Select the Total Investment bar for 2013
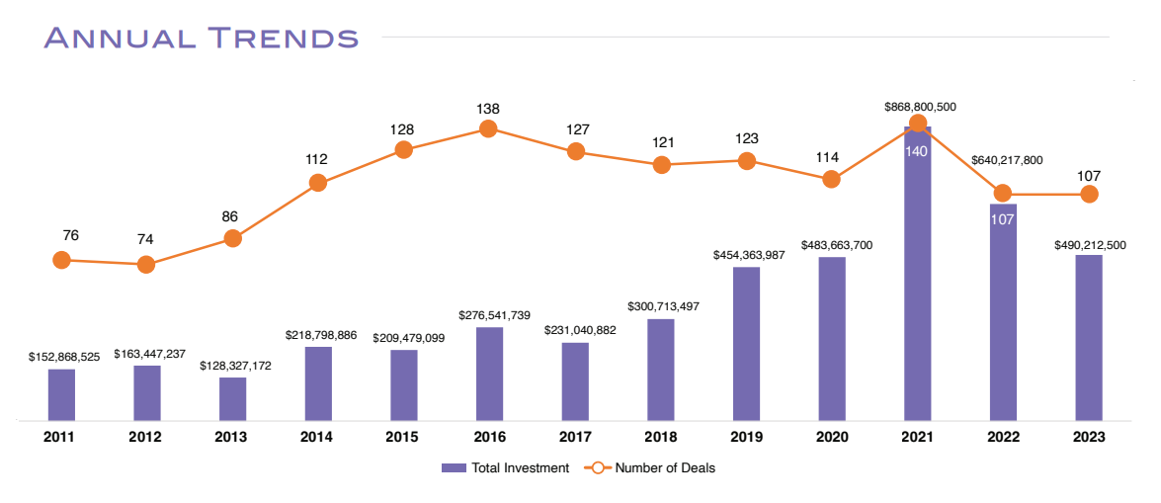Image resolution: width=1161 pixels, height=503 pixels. tap(232, 399)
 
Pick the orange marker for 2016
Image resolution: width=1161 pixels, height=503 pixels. tap(487, 128)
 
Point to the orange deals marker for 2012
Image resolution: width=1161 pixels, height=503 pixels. tap(146, 264)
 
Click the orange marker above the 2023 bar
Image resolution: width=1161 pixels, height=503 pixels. tap(1089, 194)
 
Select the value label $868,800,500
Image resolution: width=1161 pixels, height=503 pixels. tap(906, 107)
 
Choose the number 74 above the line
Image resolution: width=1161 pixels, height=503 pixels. tap(146, 239)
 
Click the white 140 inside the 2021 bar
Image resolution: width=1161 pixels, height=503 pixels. tap(917, 151)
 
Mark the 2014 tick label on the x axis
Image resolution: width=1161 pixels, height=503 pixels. tap(317, 436)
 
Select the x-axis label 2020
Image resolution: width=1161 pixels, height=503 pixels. tap(831, 436)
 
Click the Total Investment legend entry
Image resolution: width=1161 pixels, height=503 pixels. tap(505, 468)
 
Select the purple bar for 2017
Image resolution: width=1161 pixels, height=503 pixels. tap(575, 381)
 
